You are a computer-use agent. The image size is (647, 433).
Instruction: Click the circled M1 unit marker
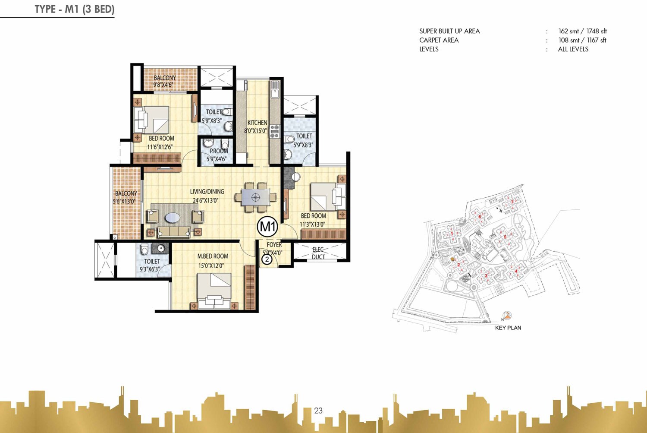pos(267,226)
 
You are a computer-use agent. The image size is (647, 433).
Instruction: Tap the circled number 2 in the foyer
pos(267,259)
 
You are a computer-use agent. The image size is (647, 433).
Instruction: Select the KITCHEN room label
pos(257,123)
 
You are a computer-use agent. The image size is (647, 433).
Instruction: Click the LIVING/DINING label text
pos(207,192)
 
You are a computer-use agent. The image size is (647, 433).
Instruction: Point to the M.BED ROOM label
pos(213,256)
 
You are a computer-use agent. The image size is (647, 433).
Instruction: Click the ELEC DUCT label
pos(318,253)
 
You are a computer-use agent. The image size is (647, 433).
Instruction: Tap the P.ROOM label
pos(219,151)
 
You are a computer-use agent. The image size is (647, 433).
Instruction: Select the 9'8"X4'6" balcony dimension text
pos(163,85)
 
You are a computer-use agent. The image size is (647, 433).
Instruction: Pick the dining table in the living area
pos(255,197)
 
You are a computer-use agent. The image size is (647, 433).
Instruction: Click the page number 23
pos(318,411)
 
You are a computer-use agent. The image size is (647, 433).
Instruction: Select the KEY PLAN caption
pos(508,328)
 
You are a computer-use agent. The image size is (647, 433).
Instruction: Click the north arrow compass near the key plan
pos(507,316)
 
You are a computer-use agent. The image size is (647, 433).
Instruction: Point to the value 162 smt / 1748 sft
pos(582,31)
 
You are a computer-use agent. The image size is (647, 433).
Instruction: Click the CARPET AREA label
pos(439,40)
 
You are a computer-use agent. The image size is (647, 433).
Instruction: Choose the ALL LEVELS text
pos(573,49)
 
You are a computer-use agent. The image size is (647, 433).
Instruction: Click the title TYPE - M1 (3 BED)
pos(74,9)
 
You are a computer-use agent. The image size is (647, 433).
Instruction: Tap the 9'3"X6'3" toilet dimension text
pos(150,269)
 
